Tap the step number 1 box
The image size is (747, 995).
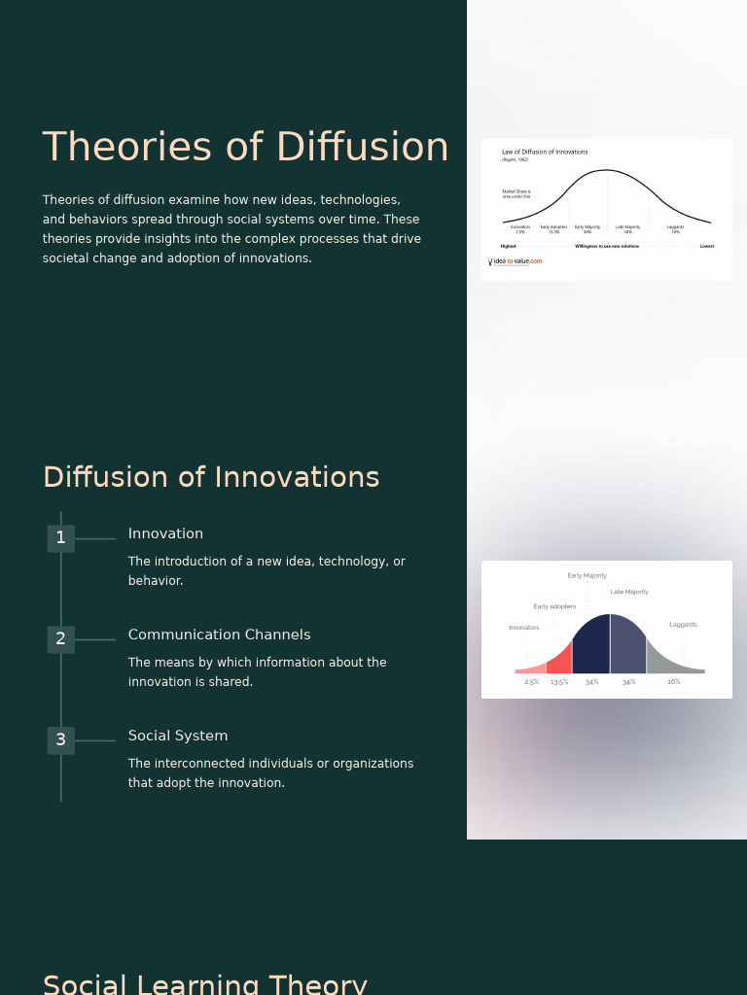[x=61, y=538]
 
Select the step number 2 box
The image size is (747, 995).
[x=61, y=639]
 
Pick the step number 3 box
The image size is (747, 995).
[x=61, y=740]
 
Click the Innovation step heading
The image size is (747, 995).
[x=165, y=534]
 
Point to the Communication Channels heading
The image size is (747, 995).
[x=219, y=635]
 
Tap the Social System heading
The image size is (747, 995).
[x=178, y=737]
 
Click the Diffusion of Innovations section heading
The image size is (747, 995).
[x=211, y=478]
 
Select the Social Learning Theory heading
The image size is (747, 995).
[x=205, y=984]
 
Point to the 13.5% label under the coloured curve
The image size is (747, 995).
[x=559, y=682]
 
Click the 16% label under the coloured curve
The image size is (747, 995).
[x=673, y=682]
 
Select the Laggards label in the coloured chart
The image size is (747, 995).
[x=683, y=625]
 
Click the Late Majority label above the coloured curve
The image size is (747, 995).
[x=629, y=592]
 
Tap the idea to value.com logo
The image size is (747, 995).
[x=516, y=261]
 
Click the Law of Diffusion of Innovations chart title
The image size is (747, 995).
[x=545, y=153]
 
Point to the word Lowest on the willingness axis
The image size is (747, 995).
[x=707, y=246]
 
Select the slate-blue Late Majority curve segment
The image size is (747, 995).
[x=627, y=651]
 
